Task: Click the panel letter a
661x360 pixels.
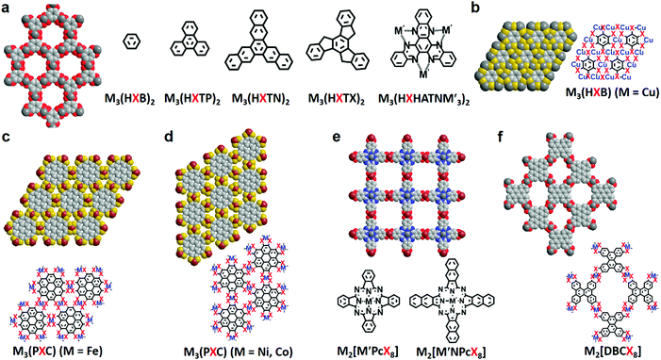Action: pos(6,8)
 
